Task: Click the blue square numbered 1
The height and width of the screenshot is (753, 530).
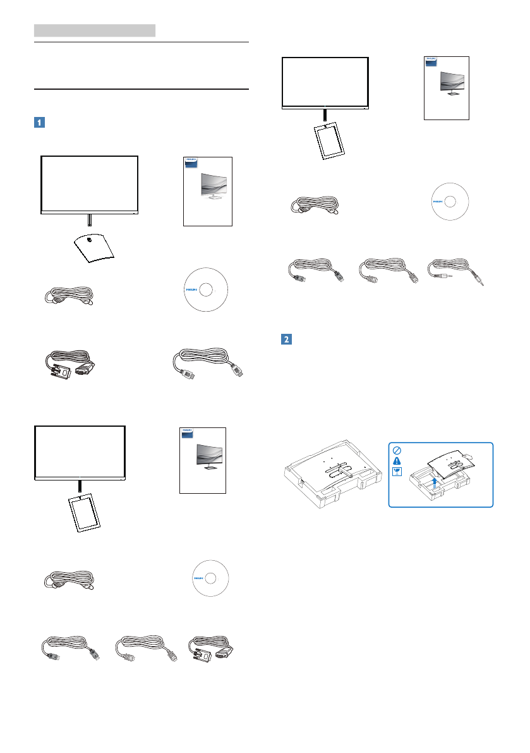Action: [39, 123]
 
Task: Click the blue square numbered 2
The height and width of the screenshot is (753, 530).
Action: [285, 339]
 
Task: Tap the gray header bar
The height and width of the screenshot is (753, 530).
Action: [95, 30]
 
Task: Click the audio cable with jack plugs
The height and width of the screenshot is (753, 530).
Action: [455, 272]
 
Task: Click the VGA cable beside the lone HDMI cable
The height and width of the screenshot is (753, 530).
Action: [68, 370]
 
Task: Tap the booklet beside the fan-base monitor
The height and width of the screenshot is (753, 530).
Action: [208, 191]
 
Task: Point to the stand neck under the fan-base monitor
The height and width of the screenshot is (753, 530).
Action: [89, 220]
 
